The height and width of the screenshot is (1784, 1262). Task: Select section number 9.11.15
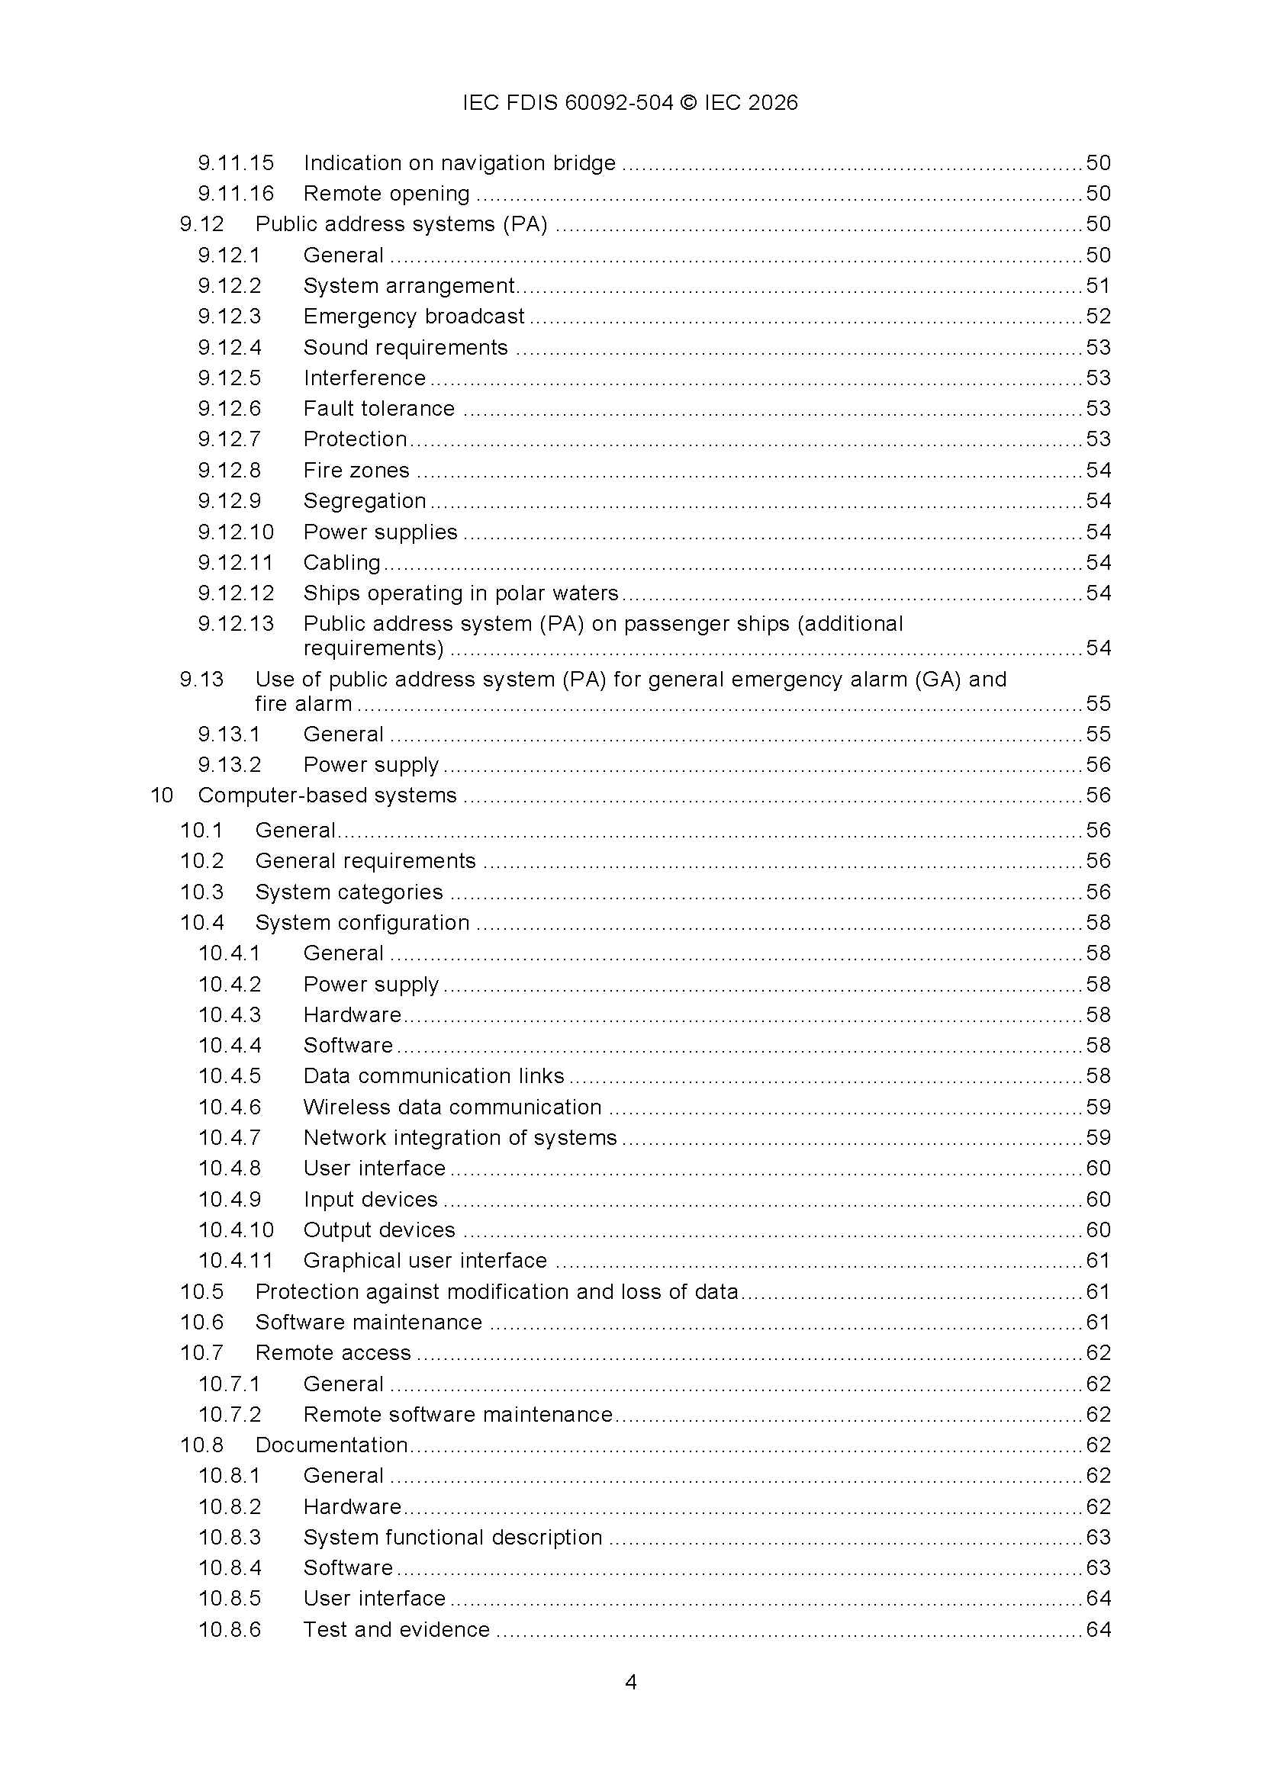click(x=236, y=163)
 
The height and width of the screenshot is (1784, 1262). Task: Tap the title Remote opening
click(x=386, y=194)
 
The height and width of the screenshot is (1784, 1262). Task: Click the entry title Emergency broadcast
click(x=414, y=317)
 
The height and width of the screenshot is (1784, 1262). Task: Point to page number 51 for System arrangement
click(x=1098, y=286)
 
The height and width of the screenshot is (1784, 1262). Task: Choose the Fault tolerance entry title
click(x=378, y=409)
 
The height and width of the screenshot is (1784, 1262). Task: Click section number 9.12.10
click(x=236, y=532)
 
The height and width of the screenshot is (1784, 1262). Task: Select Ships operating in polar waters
click(x=460, y=593)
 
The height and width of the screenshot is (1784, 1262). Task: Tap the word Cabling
click(x=341, y=563)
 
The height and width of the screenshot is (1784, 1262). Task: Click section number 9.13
click(x=201, y=680)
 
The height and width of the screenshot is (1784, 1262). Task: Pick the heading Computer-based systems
click(x=327, y=796)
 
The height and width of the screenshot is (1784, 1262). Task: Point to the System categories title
click(x=348, y=892)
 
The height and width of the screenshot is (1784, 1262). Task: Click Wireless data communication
click(x=452, y=1107)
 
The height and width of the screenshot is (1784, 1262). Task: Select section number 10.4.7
click(x=229, y=1138)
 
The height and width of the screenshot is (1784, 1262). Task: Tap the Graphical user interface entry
click(x=425, y=1261)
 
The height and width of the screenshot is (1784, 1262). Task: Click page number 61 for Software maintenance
click(x=1098, y=1323)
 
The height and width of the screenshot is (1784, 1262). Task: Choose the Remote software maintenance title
click(x=458, y=1415)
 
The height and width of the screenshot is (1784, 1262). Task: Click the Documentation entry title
click(x=331, y=1445)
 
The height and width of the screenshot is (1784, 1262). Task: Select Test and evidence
click(x=396, y=1630)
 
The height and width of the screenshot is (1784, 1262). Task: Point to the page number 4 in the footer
click(x=631, y=1683)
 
